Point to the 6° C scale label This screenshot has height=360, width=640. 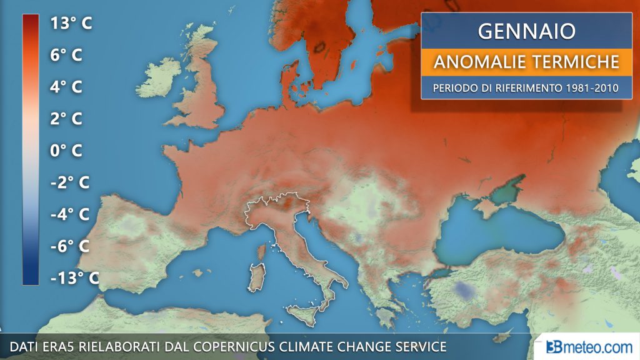coord(66,55)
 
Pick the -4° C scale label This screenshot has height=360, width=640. coord(69,214)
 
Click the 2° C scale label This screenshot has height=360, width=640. coord(66,119)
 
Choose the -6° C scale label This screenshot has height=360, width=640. coord(69,246)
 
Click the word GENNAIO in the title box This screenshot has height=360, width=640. coord(526,31)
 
